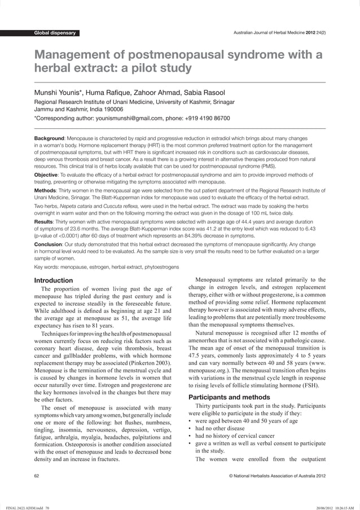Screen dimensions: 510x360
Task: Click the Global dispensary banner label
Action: (x=55, y=33)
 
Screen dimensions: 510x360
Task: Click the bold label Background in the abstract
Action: (x=50, y=138)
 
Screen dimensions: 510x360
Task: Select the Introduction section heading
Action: (x=54, y=281)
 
